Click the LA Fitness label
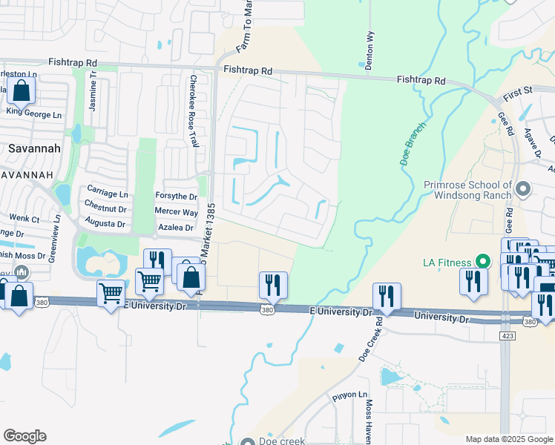pyautogui.click(x=448, y=261)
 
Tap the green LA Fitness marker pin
pyautogui.click(x=483, y=261)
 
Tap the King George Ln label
pyautogui.click(x=34, y=114)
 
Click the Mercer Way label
pyautogui.click(x=176, y=211)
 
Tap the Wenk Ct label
pyautogui.click(x=24, y=219)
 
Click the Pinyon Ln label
pyautogui.click(x=349, y=395)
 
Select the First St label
pyautogui.click(x=518, y=94)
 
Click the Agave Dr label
pyautogui.click(x=533, y=142)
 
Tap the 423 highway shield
pyautogui.click(x=506, y=335)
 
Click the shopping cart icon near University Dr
pyautogui.click(x=111, y=294)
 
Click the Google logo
pyautogui.click(x=25, y=435)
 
